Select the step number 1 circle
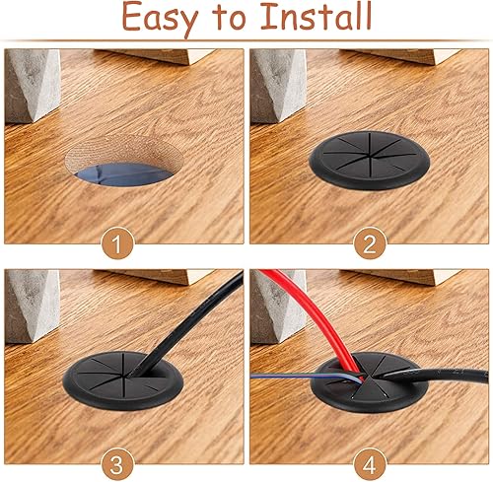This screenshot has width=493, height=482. point(117,243)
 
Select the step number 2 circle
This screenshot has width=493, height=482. point(370,243)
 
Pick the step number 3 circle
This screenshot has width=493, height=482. point(117,464)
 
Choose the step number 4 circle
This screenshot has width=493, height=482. point(370,464)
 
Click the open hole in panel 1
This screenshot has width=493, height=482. point(124,161)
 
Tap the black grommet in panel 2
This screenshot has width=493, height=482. point(369,160)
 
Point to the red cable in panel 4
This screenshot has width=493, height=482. point(316,315)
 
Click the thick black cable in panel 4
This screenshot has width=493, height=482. point(434,375)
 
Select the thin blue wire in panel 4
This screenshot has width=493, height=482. point(306,377)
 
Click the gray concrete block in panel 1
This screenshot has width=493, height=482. point(33,86)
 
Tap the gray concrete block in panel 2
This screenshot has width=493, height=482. point(278,86)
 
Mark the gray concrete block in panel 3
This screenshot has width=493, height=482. point(33,307)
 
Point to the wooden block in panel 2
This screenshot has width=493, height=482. point(399,56)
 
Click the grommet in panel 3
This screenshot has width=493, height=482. point(122,381)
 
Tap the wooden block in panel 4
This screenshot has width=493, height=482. point(399,277)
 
